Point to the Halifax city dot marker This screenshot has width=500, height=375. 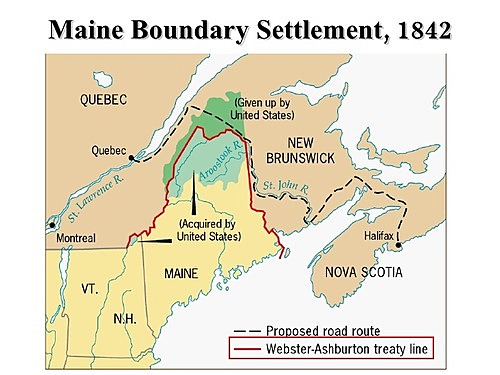[x=398, y=246]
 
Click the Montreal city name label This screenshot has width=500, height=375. [x=75, y=239]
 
